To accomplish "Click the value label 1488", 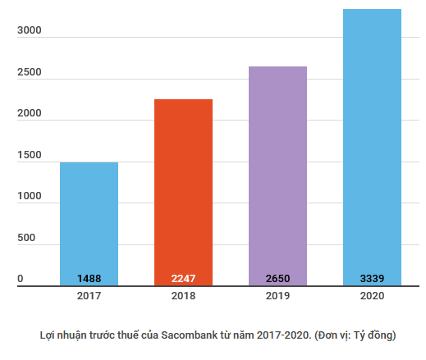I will pos(89,279).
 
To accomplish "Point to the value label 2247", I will pos(183,279).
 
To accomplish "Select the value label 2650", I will pos(277,279).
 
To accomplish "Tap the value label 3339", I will pos(372,279).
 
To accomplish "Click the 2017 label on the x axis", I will pos(89,295).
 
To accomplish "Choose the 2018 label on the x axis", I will pos(183,295).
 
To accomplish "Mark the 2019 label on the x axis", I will pos(277,295).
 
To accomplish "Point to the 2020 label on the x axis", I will pos(372,295).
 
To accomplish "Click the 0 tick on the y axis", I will pos(21,279).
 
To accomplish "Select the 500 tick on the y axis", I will pos(26,238).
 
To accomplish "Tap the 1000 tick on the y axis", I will pos(29,196).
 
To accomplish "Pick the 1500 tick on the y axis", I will pos(29,155).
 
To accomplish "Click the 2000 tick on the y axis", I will pos(29,114).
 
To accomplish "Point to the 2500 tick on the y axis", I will pos(29,72).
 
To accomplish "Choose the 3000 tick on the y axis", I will pos(29,31).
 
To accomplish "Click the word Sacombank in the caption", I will pos(190,335).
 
